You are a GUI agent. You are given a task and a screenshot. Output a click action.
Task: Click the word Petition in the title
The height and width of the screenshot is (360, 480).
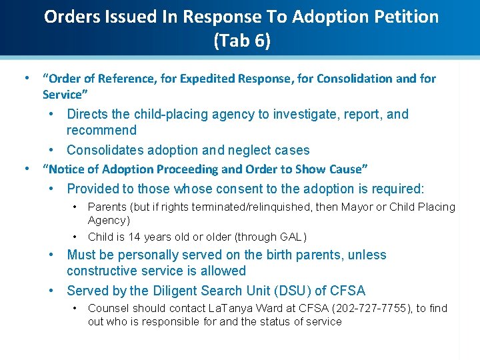point(405,17)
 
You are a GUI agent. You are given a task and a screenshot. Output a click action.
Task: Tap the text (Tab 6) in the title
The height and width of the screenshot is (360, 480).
point(242,41)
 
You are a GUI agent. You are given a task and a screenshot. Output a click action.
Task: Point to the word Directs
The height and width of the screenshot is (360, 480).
point(88,115)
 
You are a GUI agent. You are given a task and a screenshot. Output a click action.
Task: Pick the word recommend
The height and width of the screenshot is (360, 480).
point(101,131)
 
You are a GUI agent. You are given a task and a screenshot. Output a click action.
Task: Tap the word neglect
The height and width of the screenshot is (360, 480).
point(245,151)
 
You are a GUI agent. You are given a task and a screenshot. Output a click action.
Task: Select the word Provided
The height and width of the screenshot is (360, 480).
point(94,189)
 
